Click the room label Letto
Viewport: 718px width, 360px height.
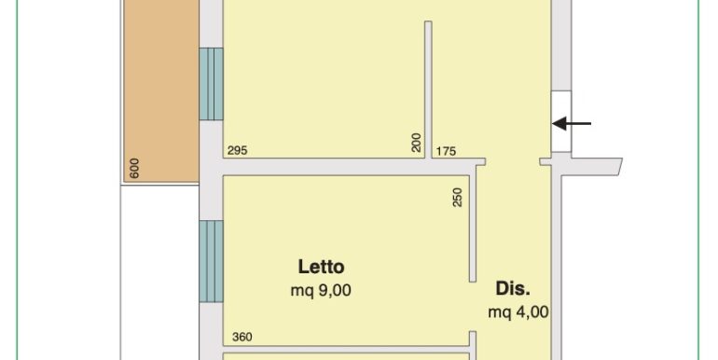pyautogui.click(x=321, y=267)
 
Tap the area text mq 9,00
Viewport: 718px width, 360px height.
pyautogui.click(x=321, y=290)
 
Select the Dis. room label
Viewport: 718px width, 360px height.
pyautogui.click(x=513, y=288)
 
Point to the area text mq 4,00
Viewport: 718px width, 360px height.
pyautogui.click(x=518, y=312)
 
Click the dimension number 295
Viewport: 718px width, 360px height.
pyautogui.click(x=237, y=150)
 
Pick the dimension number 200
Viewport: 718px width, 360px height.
pyautogui.click(x=416, y=143)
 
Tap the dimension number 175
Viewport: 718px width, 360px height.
pyautogui.click(x=446, y=151)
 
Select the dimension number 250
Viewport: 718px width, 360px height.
pyautogui.click(x=458, y=198)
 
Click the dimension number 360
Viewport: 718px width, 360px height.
pyautogui.click(x=242, y=337)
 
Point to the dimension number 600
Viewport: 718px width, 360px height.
pyautogui.click(x=134, y=168)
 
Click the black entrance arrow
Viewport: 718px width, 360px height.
pyautogui.click(x=572, y=123)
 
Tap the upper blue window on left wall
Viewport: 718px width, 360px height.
pyautogui.click(x=211, y=84)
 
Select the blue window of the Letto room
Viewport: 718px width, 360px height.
pyautogui.click(x=211, y=261)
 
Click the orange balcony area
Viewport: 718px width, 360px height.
pyautogui.click(x=161, y=90)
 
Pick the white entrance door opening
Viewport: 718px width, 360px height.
pyautogui.click(x=561, y=121)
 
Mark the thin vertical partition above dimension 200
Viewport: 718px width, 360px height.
pyautogui.click(x=428, y=90)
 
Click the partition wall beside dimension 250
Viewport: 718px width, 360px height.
pyautogui.click(x=473, y=225)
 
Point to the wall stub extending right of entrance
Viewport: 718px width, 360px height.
pyautogui.click(x=590, y=166)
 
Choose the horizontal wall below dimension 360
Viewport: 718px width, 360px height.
pyautogui.click(x=346, y=349)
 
